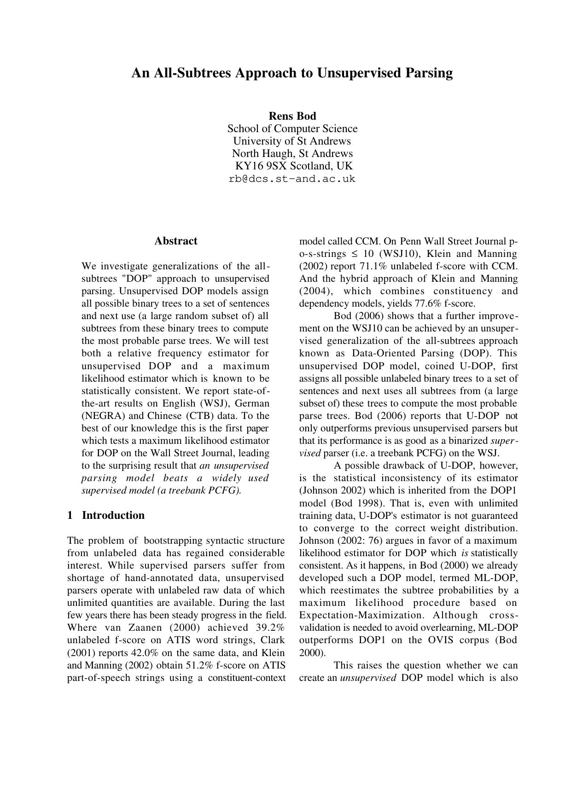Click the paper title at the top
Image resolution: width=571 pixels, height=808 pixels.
click(292, 73)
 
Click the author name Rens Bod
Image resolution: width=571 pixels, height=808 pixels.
click(292, 116)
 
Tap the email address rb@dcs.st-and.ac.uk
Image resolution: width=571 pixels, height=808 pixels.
click(292, 179)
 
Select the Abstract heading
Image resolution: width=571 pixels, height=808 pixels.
click(175, 241)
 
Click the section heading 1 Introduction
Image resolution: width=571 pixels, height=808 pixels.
click(106, 515)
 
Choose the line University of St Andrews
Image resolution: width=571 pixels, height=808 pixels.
click(292, 141)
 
